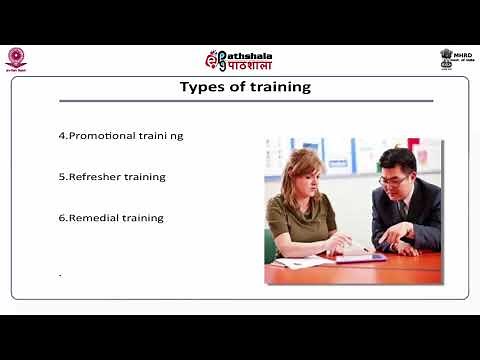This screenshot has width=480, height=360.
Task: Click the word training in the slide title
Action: tap(277, 87)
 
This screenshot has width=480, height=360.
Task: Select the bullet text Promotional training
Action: tap(125, 135)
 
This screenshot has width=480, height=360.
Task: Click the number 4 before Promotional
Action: tap(62, 135)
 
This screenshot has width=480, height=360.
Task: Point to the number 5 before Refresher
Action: tap(62, 176)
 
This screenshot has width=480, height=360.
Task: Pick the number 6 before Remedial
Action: tap(62, 217)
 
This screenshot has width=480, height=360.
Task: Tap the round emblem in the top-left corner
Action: tap(15, 57)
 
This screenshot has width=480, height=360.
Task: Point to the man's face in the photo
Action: tap(398, 171)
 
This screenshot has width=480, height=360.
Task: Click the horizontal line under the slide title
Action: tap(245, 101)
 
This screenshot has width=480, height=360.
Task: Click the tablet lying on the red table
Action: tap(361, 257)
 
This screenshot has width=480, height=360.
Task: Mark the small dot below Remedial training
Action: tap(60, 273)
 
